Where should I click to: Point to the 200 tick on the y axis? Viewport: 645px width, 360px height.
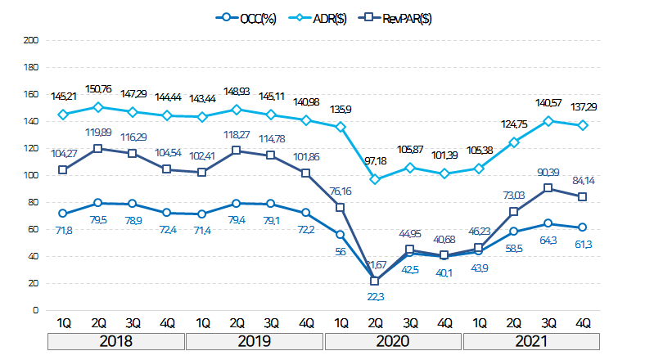click(x=32, y=40)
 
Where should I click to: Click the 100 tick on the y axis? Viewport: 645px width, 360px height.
click(x=32, y=175)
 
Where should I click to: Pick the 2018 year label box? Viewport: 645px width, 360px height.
click(x=116, y=340)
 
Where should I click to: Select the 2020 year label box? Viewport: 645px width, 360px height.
click(x=394, y=340)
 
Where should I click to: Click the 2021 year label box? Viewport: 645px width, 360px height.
click(x=532, y=340)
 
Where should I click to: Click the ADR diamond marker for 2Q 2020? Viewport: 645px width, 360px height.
click(x=376, y=179)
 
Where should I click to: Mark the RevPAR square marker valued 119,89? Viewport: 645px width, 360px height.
click(x=98, y=149)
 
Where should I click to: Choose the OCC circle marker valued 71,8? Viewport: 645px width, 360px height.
click(x=63, y=214)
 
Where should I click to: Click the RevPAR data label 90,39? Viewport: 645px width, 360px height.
click(x=548, y=172)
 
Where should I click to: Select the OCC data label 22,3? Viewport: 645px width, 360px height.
click(x=375, y=296)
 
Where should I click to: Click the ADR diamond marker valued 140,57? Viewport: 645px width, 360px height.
click(x=549, y=120)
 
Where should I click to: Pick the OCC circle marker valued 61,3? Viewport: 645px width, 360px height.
click(x=584, y=227)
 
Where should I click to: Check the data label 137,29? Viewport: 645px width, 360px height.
click(x=584, y=107)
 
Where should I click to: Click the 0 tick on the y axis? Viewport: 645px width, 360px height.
click(x=35, y=310)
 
